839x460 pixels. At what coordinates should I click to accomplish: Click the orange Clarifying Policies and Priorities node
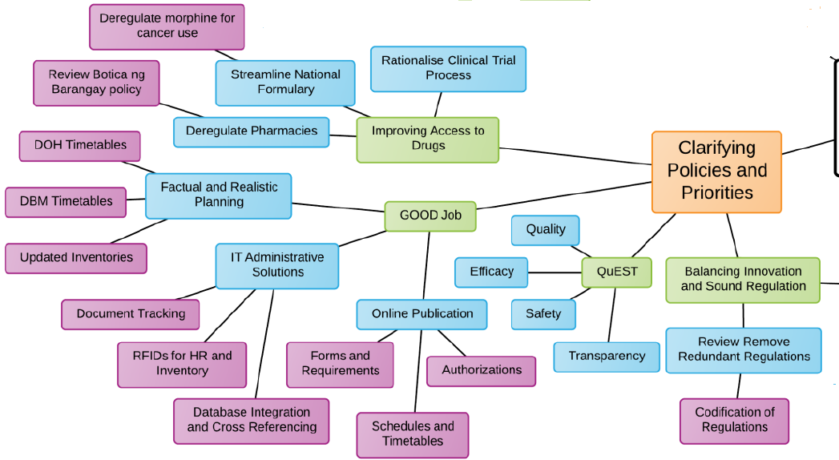716,171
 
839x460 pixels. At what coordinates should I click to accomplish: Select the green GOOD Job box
430,216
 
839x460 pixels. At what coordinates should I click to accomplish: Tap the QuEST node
617,272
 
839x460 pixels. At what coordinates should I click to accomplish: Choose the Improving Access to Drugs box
428,139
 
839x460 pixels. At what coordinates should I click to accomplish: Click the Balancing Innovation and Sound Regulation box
743,279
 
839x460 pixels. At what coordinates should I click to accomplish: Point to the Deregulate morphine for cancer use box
167,26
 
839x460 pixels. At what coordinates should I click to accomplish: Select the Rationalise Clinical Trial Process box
448,68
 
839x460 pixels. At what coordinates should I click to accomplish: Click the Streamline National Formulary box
285,82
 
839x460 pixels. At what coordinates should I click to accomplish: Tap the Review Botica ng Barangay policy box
96,82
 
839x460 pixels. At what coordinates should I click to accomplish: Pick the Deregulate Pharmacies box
252,131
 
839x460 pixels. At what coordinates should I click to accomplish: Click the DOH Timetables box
80,146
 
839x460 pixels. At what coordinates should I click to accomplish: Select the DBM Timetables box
66,202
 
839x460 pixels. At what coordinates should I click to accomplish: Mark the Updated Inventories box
76,258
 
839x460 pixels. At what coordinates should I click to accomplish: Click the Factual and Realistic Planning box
219,195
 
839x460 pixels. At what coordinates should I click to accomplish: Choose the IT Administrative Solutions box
277,265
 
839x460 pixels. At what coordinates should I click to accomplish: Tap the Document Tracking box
131,313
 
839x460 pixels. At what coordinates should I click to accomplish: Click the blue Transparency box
607,357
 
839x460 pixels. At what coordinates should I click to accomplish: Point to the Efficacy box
491,272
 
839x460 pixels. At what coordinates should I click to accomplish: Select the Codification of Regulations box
734,420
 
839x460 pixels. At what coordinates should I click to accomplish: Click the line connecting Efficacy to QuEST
555,272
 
